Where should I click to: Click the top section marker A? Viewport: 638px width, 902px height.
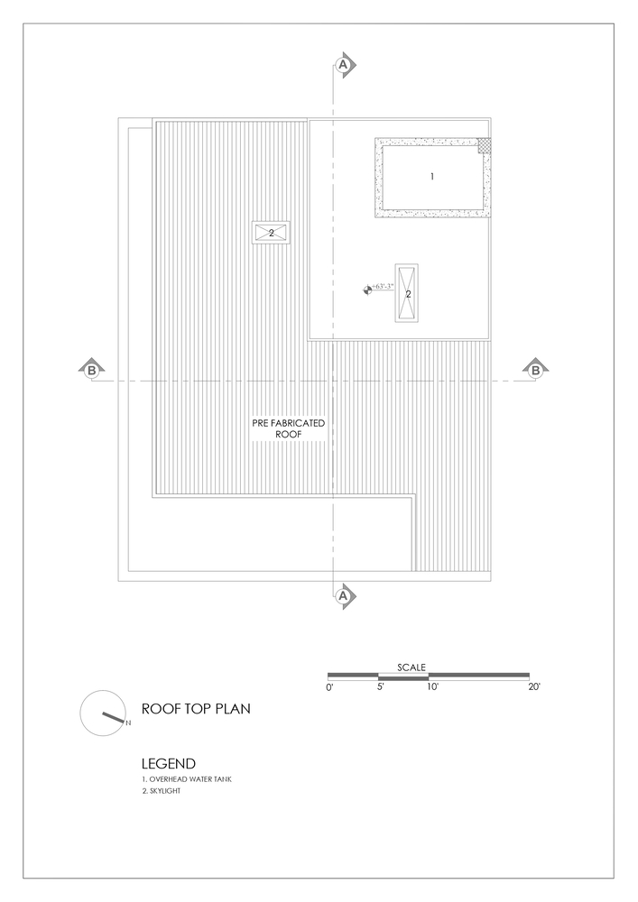344,64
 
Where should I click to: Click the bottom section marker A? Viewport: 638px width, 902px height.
344,596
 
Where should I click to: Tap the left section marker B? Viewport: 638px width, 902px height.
91,370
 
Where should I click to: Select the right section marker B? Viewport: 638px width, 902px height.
536,370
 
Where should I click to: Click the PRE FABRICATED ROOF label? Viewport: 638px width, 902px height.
288,428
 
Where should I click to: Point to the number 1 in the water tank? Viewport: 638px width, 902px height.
432,177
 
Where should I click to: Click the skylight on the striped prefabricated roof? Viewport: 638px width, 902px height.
271,233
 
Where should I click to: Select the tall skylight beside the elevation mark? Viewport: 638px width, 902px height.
407,293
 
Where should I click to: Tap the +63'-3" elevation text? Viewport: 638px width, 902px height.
382,286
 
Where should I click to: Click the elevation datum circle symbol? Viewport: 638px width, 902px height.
367,290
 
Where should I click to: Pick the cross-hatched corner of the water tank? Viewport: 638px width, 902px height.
484,145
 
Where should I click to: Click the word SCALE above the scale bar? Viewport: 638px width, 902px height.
411,667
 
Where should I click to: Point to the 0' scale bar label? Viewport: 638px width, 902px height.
329,686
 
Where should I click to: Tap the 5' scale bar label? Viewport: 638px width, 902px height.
380,686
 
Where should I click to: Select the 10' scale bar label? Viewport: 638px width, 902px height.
432,686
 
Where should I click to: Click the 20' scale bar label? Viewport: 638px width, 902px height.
534,686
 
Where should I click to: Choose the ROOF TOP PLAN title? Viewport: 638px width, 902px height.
196,709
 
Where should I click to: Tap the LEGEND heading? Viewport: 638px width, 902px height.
169,764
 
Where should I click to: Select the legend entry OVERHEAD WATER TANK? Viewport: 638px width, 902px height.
187,779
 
